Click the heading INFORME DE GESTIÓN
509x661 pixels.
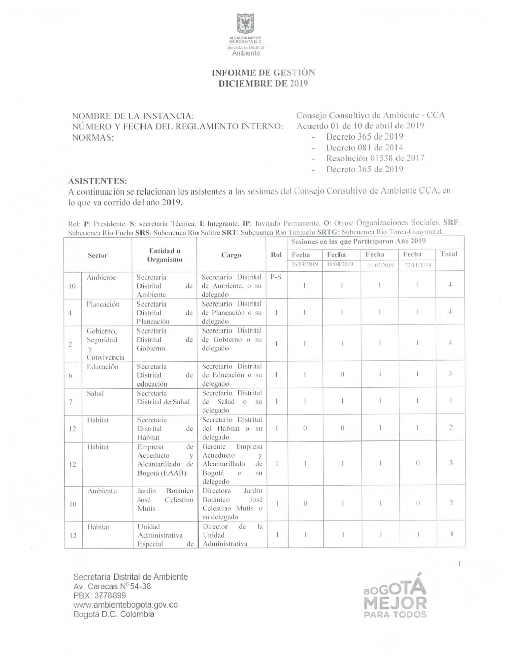(x=263, y=73)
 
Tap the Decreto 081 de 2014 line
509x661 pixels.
(x=364, y=148)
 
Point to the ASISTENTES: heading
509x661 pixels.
(x=98, y=181)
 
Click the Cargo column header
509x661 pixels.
(x=231, y=255)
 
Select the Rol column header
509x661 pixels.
(x=276, y=255)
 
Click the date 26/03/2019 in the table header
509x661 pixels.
(x=304, y=265)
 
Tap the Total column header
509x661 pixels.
(x=448, y=254)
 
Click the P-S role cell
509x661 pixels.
(x=276, y=278)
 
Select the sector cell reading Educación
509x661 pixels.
(x=102, y=367)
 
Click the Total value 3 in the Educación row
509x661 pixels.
(x=450, y=374)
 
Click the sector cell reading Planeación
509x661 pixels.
(x=103, y=304)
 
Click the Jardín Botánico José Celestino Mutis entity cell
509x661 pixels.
(x=165, y=500)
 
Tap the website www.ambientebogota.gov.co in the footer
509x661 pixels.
(x=126, y=605)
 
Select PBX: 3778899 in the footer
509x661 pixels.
(x=100, y=595)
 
